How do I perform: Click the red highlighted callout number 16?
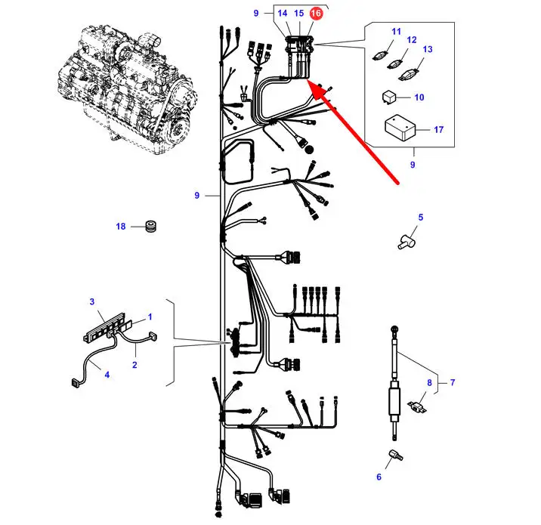(x=315, y=14)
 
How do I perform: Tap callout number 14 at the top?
(x=282, y=14)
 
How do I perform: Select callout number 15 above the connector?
(x=298, y=14)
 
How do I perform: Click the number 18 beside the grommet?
(x=121, y=227)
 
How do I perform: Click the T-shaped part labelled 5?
(x=405, y=240)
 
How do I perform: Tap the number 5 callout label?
(x=421, y=218)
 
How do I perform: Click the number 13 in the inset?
(x=428, y=49)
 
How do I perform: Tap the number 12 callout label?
(x=412, y=40)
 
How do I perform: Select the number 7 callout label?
(x=453, y=382)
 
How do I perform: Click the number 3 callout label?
(x=92, y=302)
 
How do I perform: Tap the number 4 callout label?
(x=107, y=375)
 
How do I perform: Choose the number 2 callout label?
(x=134, y=366)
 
